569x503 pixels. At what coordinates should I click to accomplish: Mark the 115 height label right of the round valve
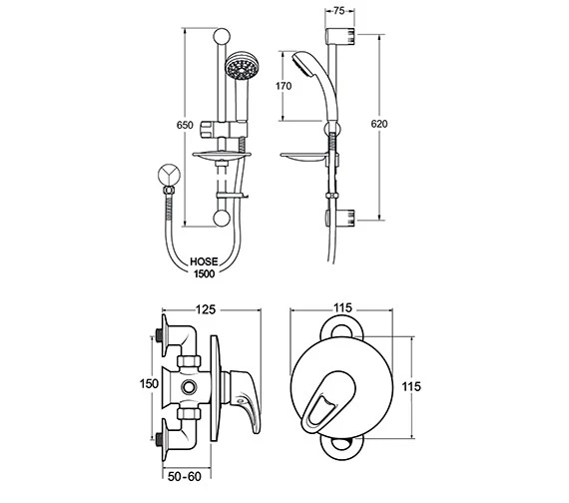423,385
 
